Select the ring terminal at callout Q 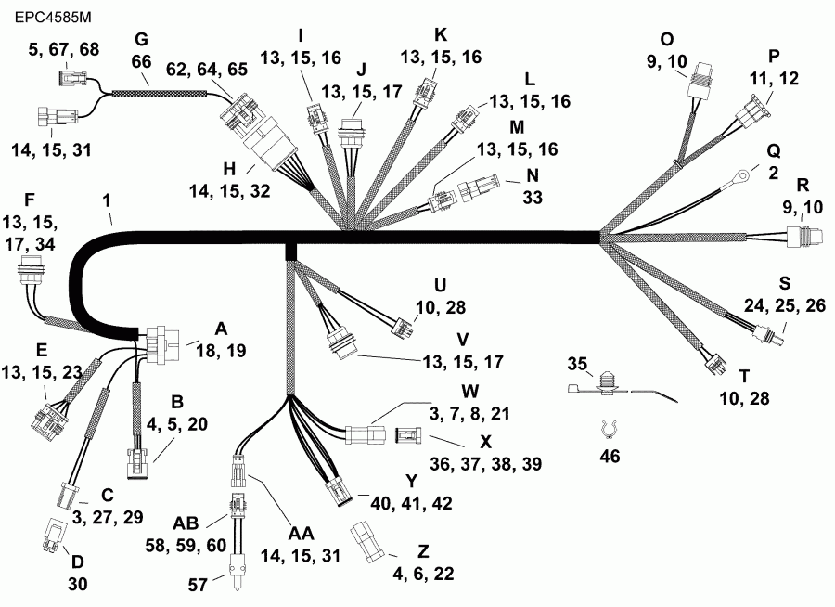click(x=739, y=173)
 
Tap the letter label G click(x=141, y=39)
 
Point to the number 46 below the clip click(x=609, y=457)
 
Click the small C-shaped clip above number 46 click(x=608, y=429)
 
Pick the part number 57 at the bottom click(x=201, y=586)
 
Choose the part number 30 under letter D click(x=76, y=584)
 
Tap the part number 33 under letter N click(x=533, y=198)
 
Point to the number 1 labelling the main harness click(x=109, y=200)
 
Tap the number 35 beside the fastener click(x=578, y=363)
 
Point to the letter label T click(x=744, y=375)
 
